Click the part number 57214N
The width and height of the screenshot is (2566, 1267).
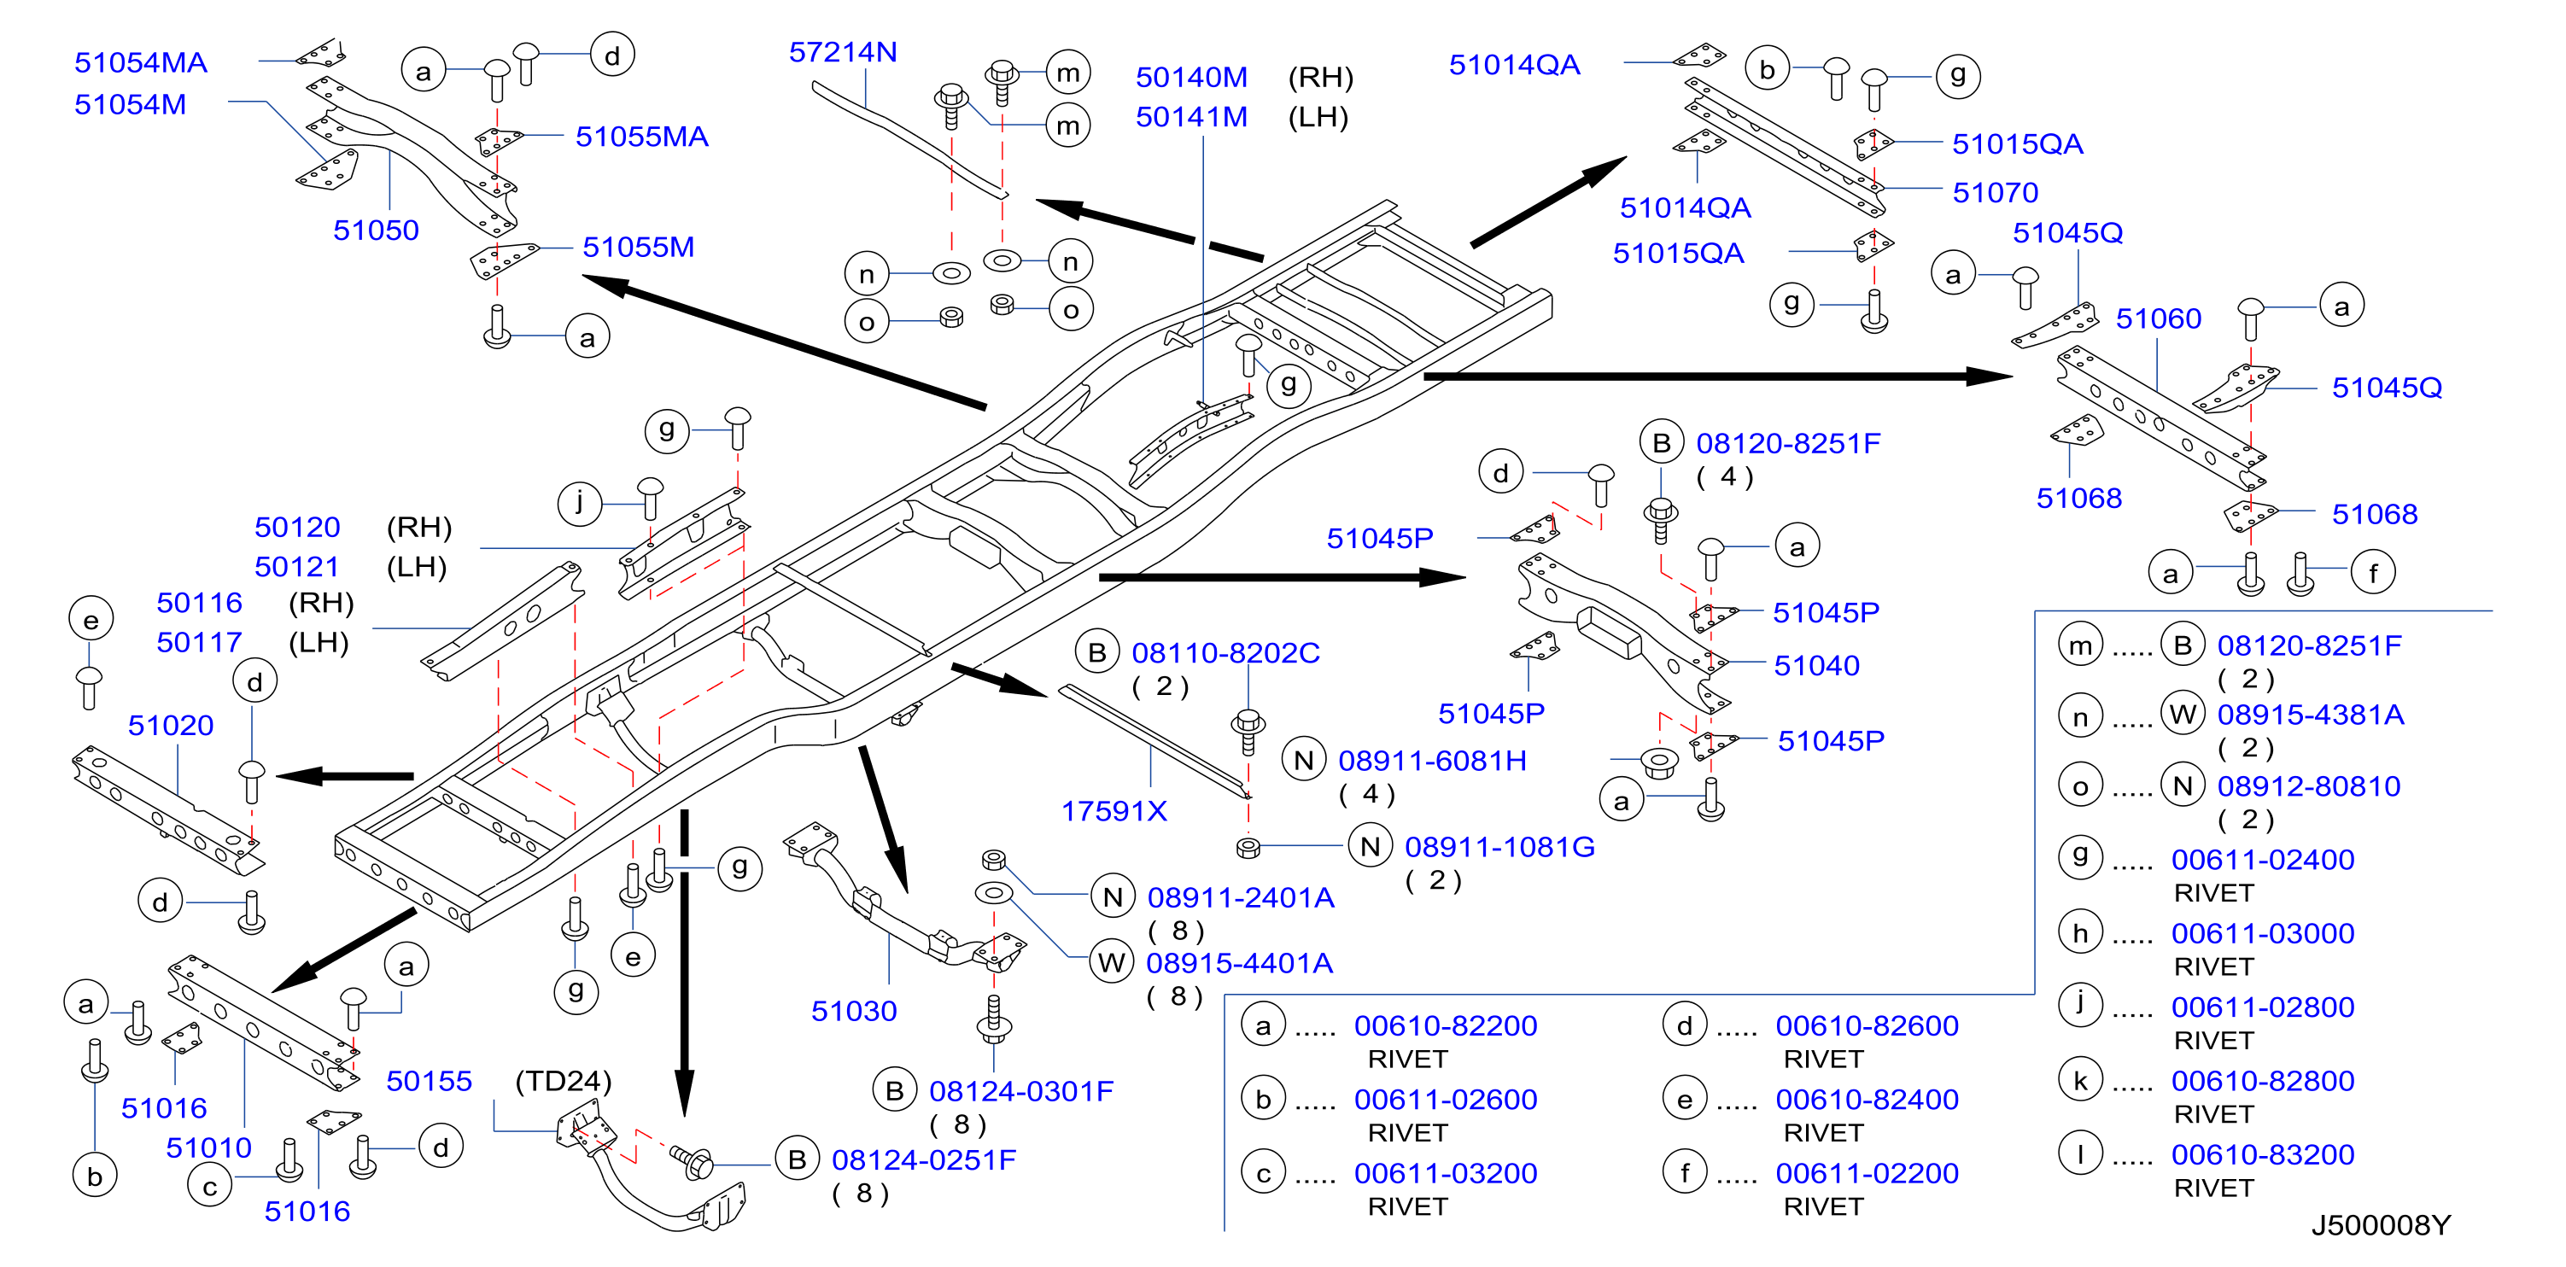pyautogui.click(x=843, y=52)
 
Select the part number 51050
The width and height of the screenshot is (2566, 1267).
pyautogui.click(x=376, y=231)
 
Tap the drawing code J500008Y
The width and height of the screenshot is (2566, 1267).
pyautogui.click(x=2381, y=1224)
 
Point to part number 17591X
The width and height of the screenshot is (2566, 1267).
pyautogui.click(x=1113, y=811)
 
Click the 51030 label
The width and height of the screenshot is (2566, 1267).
pyautogui.click(x=854, y=1011)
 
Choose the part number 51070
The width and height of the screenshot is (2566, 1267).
pyautogui.click(x=1996, y=192)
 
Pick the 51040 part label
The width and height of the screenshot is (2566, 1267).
pyautogui.click(x=1817, y=665)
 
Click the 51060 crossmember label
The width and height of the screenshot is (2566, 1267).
pyautogui.click(x=2159, y=318)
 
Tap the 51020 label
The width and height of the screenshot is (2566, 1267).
pyautogui.click(x=170, y=725)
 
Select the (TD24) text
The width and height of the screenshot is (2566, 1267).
pyautogui.click(x=563, y=1081)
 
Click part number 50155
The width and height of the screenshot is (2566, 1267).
pyautogui.click(x=430, y=1081)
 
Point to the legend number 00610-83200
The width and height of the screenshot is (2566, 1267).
pyautogui.click(x=2263, y=1154)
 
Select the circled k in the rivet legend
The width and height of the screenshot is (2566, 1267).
pyautogui.click(x=2081, y=1081)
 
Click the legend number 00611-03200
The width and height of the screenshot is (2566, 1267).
pyautogui.click(x=1446, y=1173)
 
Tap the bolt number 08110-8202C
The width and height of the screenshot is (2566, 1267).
pyautogui.click(x=1225, y=652)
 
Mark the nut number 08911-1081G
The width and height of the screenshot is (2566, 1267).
pyautogui.click(x=1499, y=847)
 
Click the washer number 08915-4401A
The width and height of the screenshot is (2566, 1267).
pyautogui.click(x=1239, y=963)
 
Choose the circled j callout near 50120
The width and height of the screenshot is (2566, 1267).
pyautogui.click(x=580, y=502)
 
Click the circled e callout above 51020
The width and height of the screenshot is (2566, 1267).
pyautogui.click(x=91, y=620)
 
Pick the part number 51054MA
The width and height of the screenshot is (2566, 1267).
pyautogui.click(x=140, y=63)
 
